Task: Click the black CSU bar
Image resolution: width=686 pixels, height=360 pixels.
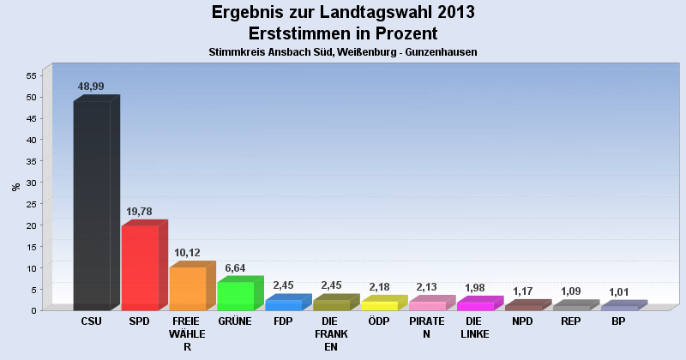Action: pos(92,206)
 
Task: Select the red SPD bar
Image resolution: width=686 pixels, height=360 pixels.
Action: pos(140,267)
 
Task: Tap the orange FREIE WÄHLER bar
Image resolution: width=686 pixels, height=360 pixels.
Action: pos(187,288)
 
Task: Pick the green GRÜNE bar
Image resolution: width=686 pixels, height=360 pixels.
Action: pos(235,296)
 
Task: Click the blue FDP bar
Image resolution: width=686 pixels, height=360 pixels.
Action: pos(283,304)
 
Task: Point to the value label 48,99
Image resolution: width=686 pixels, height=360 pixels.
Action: pos(91,87)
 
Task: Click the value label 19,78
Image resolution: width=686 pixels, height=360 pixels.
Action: pos(139,212)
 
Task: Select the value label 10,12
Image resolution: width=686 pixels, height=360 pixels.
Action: pos(187,253)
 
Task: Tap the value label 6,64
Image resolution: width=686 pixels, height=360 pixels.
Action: pos(235,267)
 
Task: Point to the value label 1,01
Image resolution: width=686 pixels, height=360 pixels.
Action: pos(619,292)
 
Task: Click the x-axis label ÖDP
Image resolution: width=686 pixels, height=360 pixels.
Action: pos(378,321)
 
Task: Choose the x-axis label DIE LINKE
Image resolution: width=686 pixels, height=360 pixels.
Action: pos(474,327)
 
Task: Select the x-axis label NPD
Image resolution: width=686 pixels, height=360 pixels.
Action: pos(522,321)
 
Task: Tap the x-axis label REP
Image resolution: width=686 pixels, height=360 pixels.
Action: pos(570,321)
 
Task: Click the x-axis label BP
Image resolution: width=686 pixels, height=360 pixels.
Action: pos(618,321)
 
